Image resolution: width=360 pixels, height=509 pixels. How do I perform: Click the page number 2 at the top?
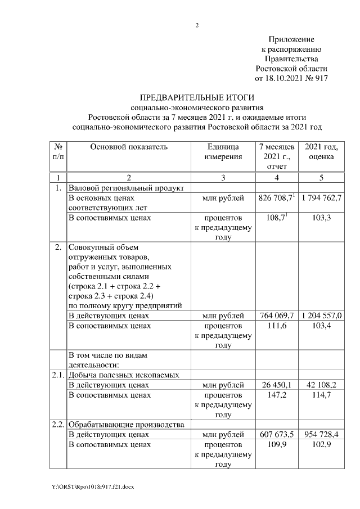click(x=197, y=25)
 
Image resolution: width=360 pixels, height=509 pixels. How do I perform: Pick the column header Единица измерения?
click(x=223, y=152)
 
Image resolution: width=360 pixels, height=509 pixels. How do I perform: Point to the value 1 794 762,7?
click(x=322, y=199)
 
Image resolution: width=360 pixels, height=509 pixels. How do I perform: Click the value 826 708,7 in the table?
click(x=276, y=199)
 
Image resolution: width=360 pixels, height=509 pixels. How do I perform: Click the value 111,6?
click(x=280, y=326)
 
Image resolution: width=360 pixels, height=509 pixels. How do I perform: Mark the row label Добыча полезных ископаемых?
click(x=132, y=375)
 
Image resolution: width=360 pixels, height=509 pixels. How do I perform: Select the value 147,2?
click(x=280, y=395)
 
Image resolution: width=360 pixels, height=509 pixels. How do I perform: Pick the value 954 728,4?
click(x=322, y=434)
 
